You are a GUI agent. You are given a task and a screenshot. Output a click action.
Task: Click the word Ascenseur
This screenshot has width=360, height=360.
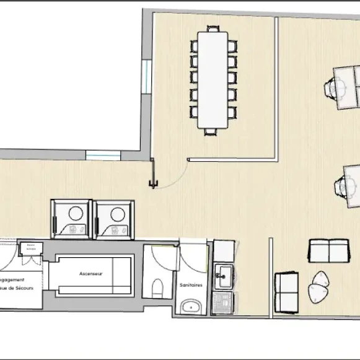click(90, 273)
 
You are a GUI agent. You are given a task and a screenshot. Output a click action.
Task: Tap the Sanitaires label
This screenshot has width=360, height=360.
click(189, 286)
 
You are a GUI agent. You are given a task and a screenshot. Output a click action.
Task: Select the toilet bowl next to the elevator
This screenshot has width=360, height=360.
click(157, 288)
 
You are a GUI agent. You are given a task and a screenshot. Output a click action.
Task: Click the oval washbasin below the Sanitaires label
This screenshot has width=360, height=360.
click(191, 306)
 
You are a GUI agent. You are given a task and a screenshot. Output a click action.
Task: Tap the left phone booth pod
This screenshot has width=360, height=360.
click(71, 219)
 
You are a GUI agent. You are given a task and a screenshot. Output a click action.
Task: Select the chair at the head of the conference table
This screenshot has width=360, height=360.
click(213, 29)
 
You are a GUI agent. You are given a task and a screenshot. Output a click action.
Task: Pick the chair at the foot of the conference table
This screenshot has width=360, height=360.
click(212, 131)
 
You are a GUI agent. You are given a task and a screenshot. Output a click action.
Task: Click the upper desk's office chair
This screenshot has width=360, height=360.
click(335, 89)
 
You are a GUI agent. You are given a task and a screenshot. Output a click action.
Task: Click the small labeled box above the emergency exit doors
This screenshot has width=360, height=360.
click(30, 248)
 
